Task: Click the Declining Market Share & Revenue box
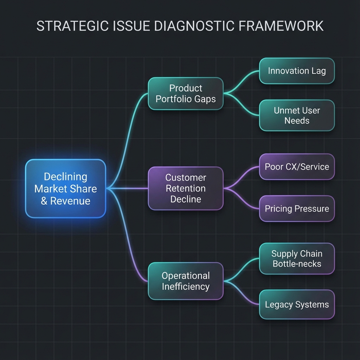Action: (65, 188)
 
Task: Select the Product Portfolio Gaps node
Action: (186, 93)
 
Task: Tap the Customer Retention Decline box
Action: (186, 188)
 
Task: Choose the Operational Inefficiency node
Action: (186, 281)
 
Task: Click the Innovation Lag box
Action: (297, 71)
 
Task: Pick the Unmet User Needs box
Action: (297, 115)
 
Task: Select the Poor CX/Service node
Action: (297, 167)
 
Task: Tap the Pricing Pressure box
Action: (297, 209)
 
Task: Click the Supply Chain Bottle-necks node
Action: (297, 258)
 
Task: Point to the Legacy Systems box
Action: (297, 304)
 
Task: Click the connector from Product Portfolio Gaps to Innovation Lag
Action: (243, 79)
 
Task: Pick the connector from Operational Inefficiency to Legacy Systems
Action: (243, 295)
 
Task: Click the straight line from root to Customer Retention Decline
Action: (127, 188)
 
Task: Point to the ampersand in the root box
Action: (44, 201)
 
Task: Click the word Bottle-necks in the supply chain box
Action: (297, 264)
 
